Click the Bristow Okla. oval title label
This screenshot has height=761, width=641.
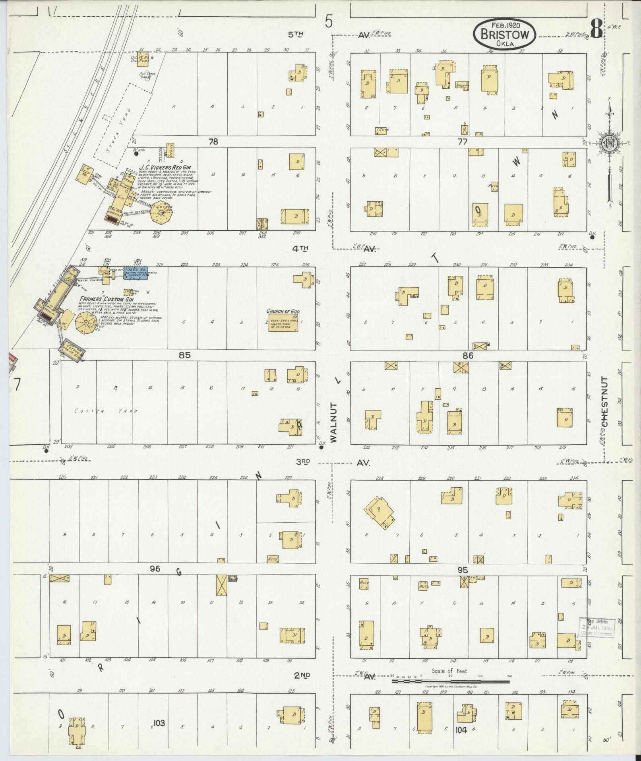(504, 34)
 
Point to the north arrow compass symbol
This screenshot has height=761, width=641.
(608, 143)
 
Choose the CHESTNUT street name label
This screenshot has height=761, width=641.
(605, 402)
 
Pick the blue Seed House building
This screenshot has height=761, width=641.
(135, 272)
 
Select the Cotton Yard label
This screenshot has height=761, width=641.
(106, 411)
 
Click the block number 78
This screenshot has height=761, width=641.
(213, 142)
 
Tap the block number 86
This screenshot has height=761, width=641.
(468, 356)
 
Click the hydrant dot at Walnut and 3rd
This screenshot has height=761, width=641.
(321, 448)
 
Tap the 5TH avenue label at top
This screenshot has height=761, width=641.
(296, 35)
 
